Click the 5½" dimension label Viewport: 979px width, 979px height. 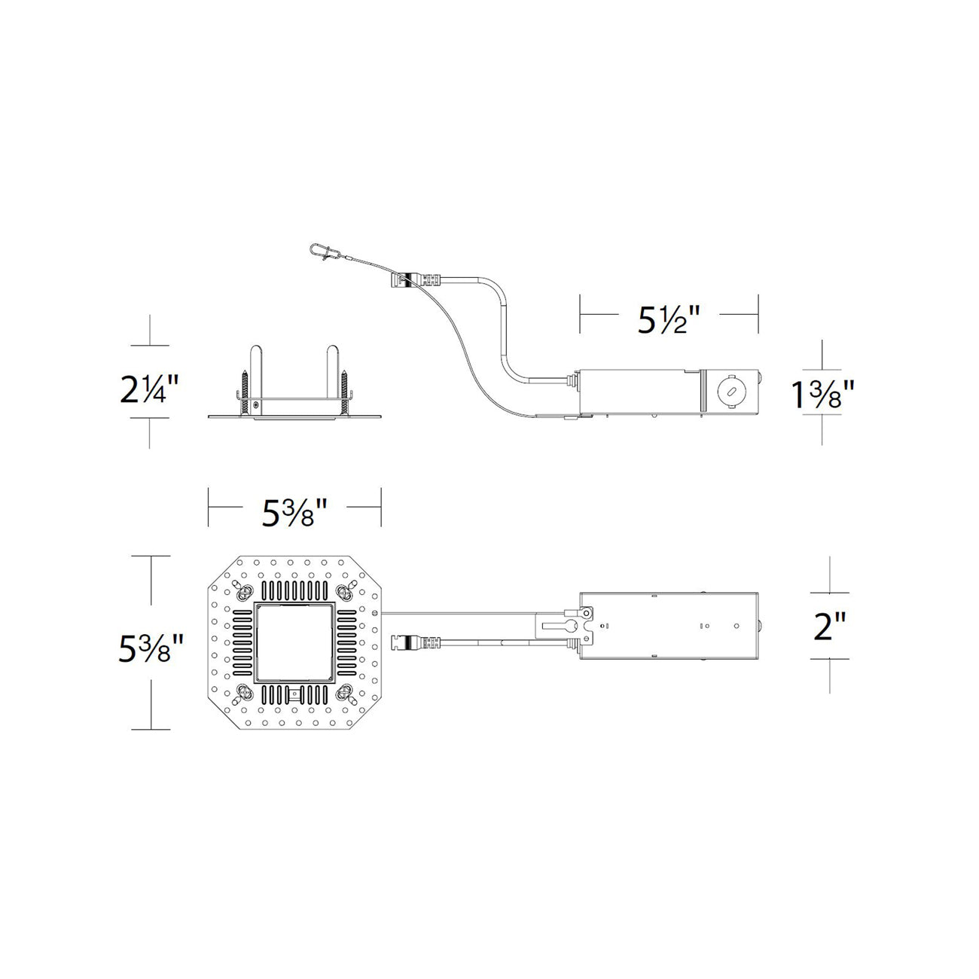669,320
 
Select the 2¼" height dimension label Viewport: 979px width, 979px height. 149,390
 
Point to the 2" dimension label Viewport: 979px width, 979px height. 829,626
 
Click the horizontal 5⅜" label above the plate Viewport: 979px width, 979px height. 294,513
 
